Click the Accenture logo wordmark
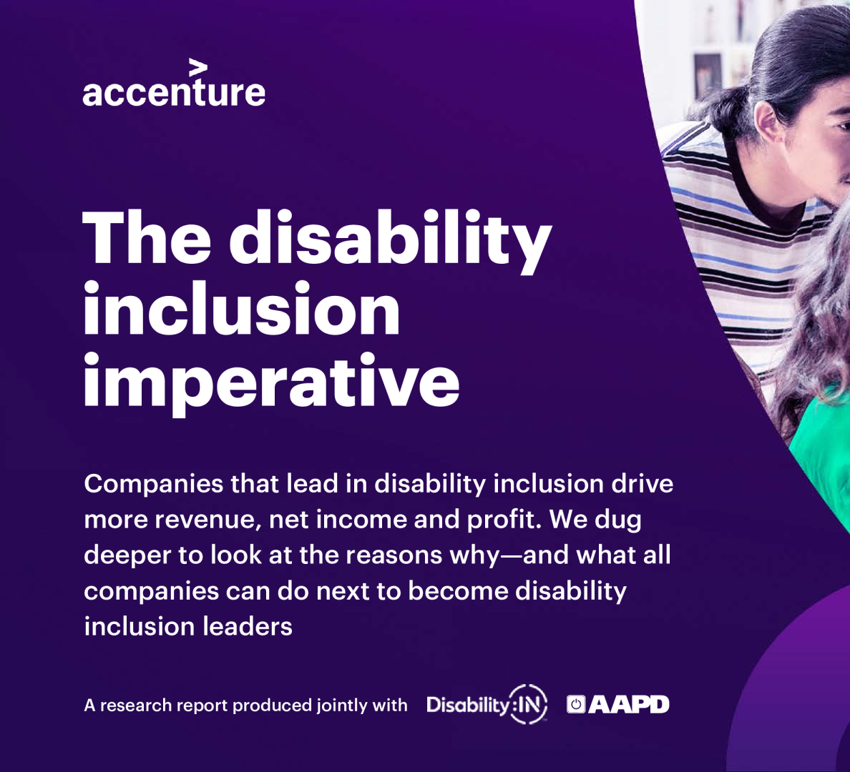173,91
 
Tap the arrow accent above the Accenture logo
198,68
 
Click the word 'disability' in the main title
391,239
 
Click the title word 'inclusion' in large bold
242,309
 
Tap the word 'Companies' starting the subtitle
153,484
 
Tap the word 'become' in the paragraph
458,590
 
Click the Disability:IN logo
487,704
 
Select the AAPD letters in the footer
629,704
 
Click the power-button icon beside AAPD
576,704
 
